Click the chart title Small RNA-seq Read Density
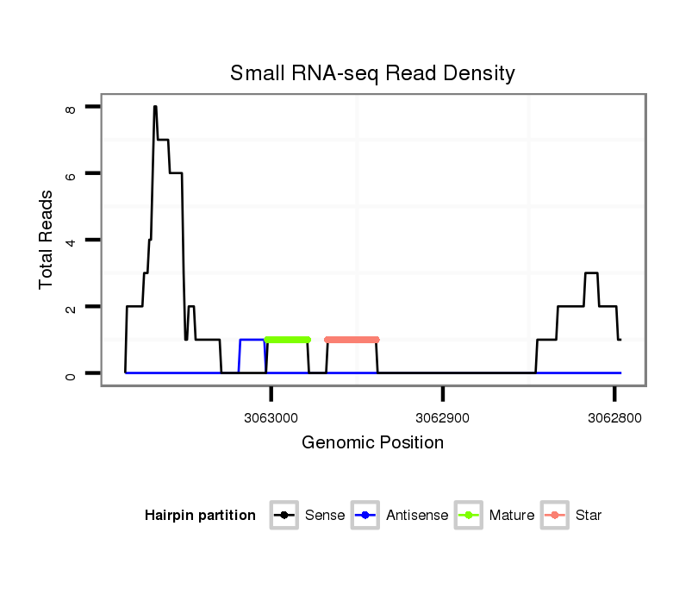372,73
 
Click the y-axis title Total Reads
47,240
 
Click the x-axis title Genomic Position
372,443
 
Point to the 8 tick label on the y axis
72,110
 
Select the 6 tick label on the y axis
72,174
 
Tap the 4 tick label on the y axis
72,241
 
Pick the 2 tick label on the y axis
72,308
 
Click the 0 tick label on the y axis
72,374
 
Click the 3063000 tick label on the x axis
272,417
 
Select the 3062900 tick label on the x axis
443,417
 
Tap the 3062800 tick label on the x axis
614,417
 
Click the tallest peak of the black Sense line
155,107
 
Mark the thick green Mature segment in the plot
287,340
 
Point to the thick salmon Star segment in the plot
352,340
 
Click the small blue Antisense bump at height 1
252,340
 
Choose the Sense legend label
325,516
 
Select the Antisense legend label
417,516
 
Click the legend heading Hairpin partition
200,516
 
